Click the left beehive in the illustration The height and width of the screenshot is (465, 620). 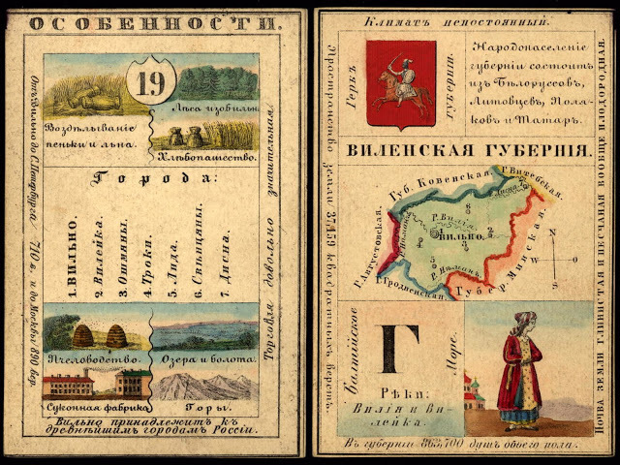point(84,336)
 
